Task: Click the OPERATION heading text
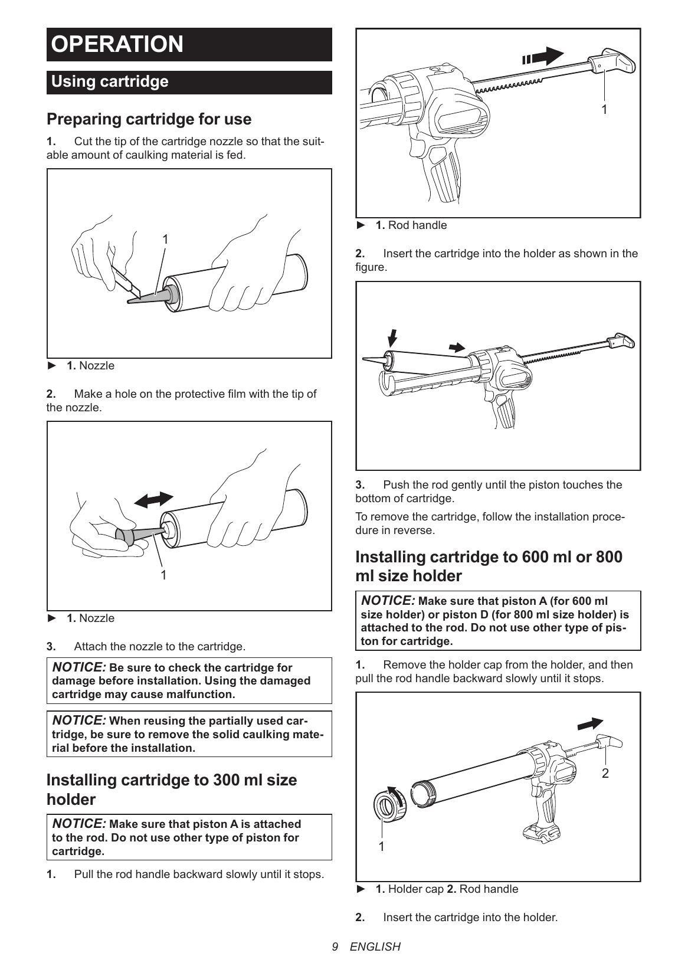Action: click(117, 44)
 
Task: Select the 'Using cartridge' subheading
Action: click(110, 81)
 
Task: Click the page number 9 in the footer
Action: click(335, 946)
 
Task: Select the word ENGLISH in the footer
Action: click(375, 946)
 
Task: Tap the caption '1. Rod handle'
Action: click(411, 225)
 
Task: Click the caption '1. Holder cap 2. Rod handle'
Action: click(447, 889)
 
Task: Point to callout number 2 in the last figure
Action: click(605, 774)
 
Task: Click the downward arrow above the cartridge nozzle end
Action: click(392, 338)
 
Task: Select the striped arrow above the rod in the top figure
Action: click(543, 56)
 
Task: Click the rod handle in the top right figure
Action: click(612, 62)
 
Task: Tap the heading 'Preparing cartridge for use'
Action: click(149, 119)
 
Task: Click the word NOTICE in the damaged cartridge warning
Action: click(79, 667)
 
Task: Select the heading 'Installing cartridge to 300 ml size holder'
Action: click(172, 790)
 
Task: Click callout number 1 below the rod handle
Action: click(604, 109)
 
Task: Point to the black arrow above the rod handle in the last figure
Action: click(590, 723)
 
